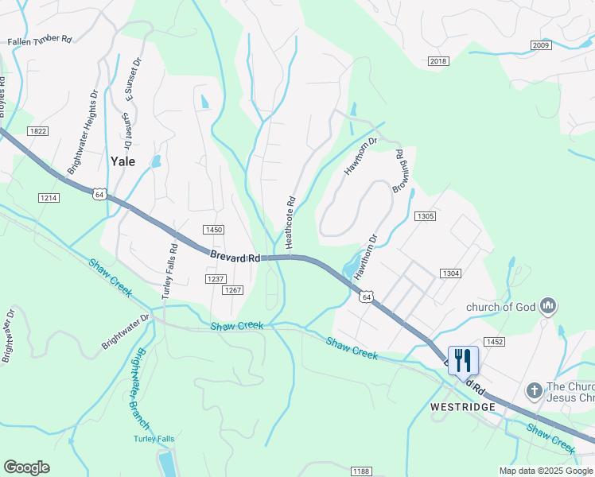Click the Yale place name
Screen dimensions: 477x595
(x=122, y=161)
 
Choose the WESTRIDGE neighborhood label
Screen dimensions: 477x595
(x=462, y=406)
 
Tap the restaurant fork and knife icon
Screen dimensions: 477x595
(x=462, y=359)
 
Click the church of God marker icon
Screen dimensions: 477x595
(x=546, y=305)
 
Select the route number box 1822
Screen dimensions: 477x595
(x=37, y=130)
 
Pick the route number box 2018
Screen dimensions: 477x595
(x=438, y=61)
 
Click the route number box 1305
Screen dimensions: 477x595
(x=426, y=216)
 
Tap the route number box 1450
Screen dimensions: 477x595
(x=213, y=230)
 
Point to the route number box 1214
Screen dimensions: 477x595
(x=49, y=196)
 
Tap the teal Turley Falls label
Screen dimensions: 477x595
(x=154, y=439)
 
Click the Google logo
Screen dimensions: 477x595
(x=26, y=467)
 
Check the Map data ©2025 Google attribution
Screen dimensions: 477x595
(x=545, y=471)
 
